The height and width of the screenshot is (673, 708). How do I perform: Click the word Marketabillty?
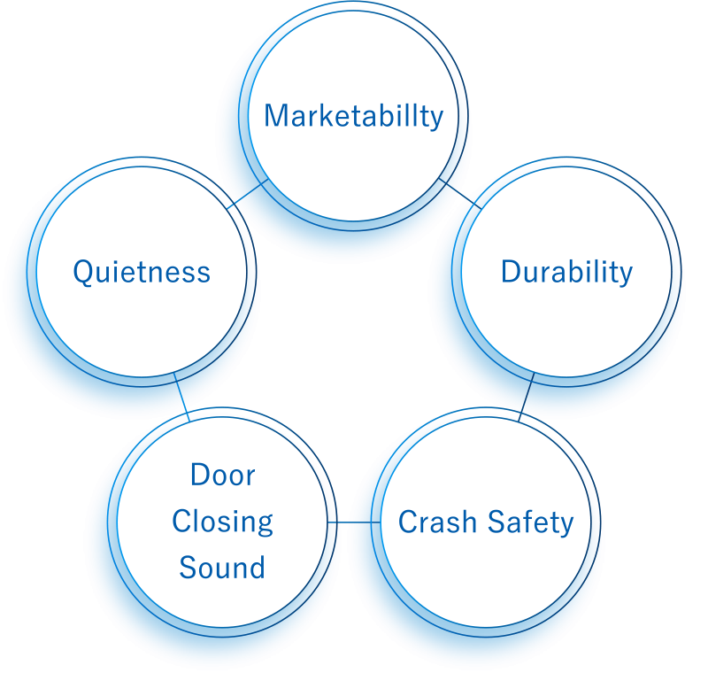pyautogui.click(x=353, y=116)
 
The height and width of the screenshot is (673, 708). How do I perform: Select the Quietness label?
pyautogui.click(x=142, y=273)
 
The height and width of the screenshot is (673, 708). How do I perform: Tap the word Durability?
pyautogui.click(x=566, y=273)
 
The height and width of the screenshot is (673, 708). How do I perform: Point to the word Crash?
pyautogui.click(x=437, y=522)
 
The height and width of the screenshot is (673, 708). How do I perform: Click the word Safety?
pyautogui.click(x=530, y=523)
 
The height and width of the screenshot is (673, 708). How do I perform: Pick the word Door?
pyautogui.click(x=223, y=476)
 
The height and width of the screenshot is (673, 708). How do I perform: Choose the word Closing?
pyautogui.click(x=223, y=522)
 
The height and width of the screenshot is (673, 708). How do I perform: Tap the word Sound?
pyautogui.click(x=222, y=568)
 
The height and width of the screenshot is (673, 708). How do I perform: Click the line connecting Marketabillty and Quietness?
pyautogui.click(x=248, y=194)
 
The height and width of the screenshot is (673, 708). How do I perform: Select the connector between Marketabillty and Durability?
pyautogui.click(x=460, y=194)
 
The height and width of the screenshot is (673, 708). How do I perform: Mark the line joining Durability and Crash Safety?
pyautogui.click(x=526, y=398)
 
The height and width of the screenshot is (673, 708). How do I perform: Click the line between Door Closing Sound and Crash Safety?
pyautogui.click(x=354, y=522)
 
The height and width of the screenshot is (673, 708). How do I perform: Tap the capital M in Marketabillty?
pyautogui.click(x=275, y=116)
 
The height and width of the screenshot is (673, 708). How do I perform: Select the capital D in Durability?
pyautogui.click(x=512, y=273)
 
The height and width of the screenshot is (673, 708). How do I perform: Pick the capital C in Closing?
pyautogui.click(x=181, y=522)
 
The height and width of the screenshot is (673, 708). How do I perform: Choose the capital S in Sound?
pyautogui.click(x=188, y=568)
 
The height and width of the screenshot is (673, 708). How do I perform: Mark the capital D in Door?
pyautogui.click(x=201, y=476)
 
